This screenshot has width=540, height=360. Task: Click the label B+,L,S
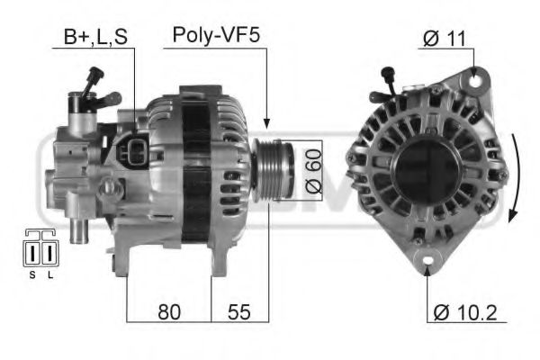pos(94,38)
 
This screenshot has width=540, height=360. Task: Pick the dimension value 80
pos(169,312)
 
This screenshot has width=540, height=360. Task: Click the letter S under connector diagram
pos(32,275)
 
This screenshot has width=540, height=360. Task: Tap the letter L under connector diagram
pos(49,275)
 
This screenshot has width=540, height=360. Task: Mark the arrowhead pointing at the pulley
pos(267,122)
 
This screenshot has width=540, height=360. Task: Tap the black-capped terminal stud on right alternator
pos(389,75)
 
